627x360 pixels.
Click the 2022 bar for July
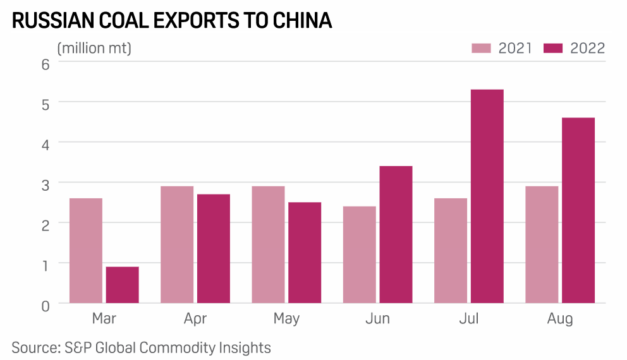487,196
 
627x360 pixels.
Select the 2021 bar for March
86,250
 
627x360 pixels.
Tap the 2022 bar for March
123,284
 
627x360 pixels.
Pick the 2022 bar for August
578,210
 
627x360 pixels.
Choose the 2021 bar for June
359,254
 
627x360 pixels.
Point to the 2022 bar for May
305,252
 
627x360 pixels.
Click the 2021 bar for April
177,244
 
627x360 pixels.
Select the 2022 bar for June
396,234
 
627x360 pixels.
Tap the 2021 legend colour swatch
482,49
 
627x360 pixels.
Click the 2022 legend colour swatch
554,49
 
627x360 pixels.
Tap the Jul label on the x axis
469,319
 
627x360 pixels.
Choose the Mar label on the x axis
104,319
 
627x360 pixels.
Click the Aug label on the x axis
560,319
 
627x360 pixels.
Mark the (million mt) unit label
94,48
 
